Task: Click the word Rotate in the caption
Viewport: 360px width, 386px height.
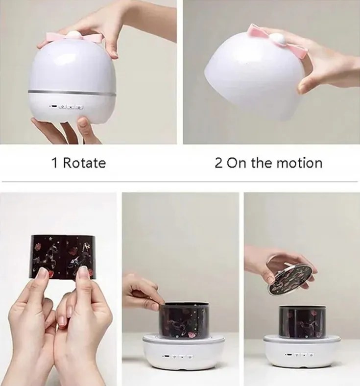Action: pyautogui.click(x=84, y=163)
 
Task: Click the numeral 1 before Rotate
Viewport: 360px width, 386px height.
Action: pyautogui.click(x=54, y=163)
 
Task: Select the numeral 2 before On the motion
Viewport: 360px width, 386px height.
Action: pyautogui.click(x=218, y=163)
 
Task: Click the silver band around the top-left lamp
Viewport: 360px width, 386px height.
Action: pyautogui.click(x=72, y=92)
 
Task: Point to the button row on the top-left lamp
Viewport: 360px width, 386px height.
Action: pyautogui.click(x=67, y=107)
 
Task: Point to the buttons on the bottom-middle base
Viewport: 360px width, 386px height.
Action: pyautogui.click(x=178, y=356)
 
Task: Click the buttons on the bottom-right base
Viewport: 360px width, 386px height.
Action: pyautogui.click(x=300, y=355)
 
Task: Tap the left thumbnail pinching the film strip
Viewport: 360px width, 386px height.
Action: pyautogui.click(x=43, y=274)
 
